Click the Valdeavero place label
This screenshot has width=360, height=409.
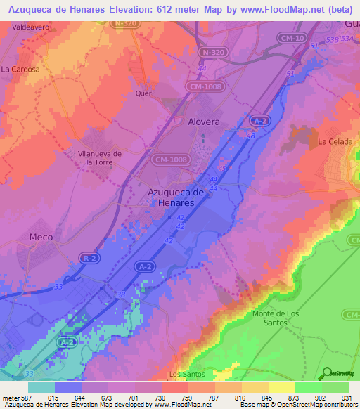pyautogui.click(x=20, y=27)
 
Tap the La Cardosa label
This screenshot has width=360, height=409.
pyautogui.click(x=20, y=70)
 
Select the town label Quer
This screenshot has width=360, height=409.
pyautogui.click(x=143, y=93)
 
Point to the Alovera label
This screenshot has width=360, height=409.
pyautogui.click(x=204, y=122)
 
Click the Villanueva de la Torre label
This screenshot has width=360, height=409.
pyautogui.click(x=99, y=157)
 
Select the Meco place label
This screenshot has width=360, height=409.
pyautogui.click(x=41, y=238)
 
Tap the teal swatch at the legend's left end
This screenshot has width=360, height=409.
pyautogui.click(x=41, y=387)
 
